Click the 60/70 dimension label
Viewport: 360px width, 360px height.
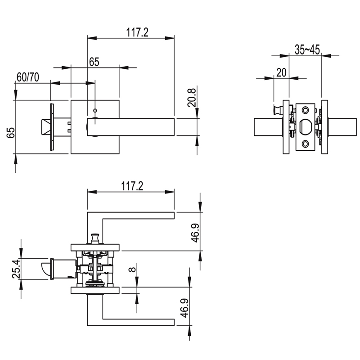[28, 77]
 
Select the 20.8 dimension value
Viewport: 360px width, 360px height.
[192, 98]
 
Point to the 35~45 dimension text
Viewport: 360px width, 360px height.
[307, 49]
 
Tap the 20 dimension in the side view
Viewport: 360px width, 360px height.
[281, 72]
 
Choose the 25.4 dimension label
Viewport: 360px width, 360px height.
[16, 269]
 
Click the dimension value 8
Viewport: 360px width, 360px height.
[132, 269]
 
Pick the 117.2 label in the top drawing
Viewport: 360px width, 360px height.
[137, 32]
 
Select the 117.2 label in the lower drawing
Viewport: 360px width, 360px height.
[132, 186]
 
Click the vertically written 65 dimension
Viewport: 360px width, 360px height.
[10, 132]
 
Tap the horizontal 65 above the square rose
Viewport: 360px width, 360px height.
[94, 62]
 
